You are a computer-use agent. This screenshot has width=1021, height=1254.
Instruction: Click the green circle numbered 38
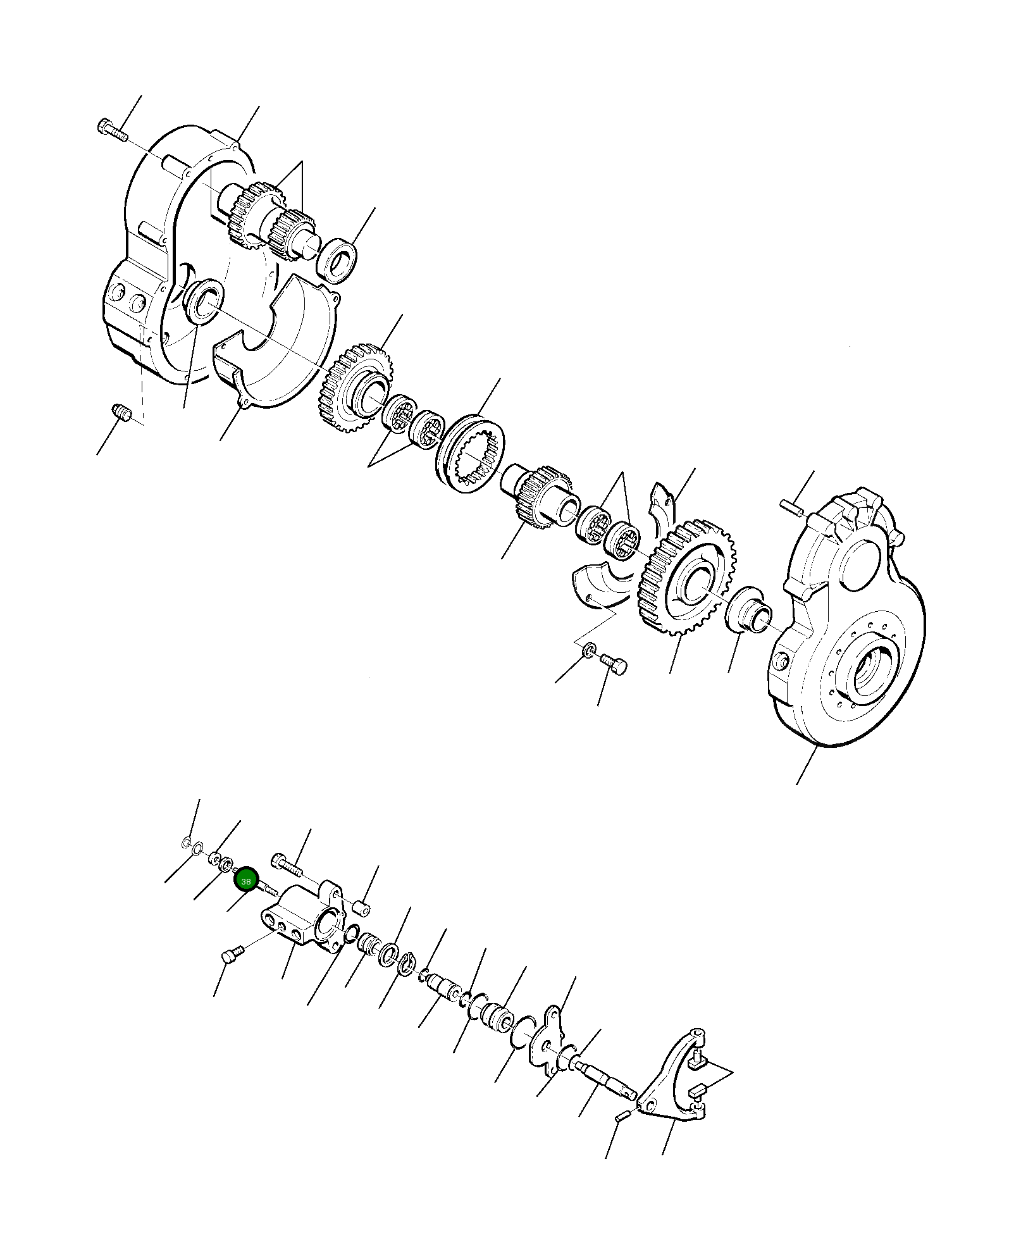coord(245,881)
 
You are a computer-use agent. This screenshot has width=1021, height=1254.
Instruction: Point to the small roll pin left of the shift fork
coord(622,1117)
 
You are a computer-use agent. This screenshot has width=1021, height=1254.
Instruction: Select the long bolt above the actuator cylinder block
coord(288,863)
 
